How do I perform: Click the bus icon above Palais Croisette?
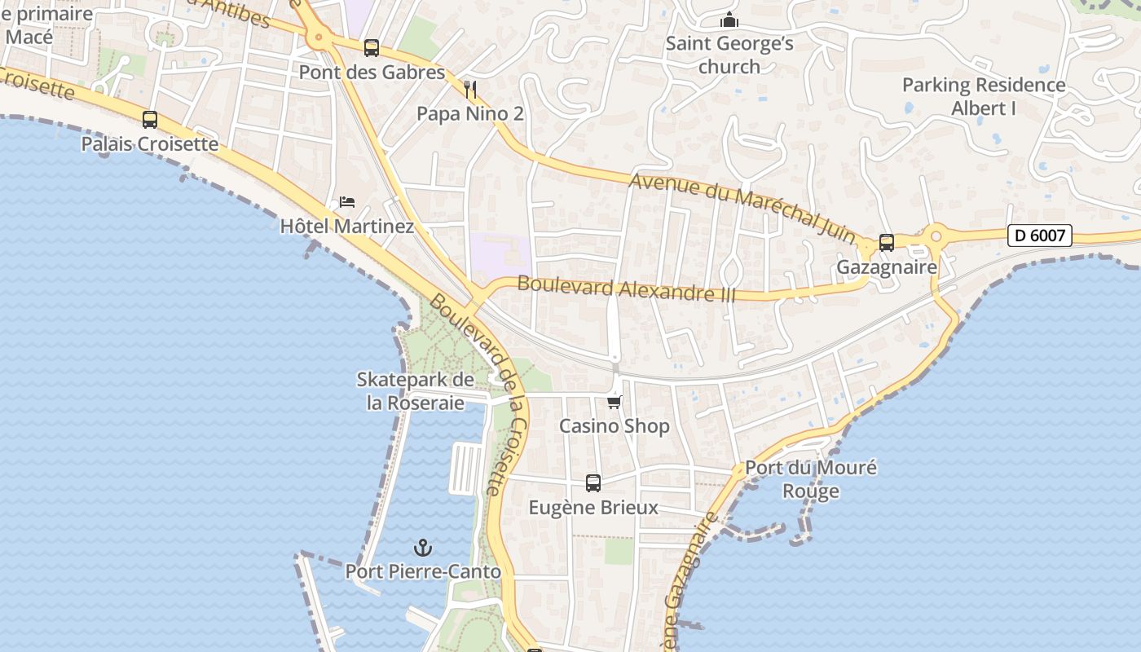(150, 120)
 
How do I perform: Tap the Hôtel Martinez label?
(346, 226)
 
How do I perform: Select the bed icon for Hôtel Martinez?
(347, 201)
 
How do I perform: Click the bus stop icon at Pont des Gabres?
(372, 48)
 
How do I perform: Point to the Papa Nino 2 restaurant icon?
(469, 89)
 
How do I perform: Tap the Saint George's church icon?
(729, 20)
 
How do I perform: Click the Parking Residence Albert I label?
(984, 96)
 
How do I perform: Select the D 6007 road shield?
(1039, 236)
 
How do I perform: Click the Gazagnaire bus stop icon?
(887, 243)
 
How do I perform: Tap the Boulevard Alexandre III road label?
(626, 289)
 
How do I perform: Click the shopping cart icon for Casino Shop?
(615, 402)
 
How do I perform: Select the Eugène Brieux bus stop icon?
(593, 483)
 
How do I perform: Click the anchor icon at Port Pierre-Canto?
(422, 548)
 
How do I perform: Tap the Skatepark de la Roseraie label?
(415, 391)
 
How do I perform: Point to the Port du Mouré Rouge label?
(811, 479)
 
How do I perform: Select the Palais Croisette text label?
(150, 144)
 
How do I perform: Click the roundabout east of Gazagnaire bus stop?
(936, 237)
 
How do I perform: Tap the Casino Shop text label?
(614, 426)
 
